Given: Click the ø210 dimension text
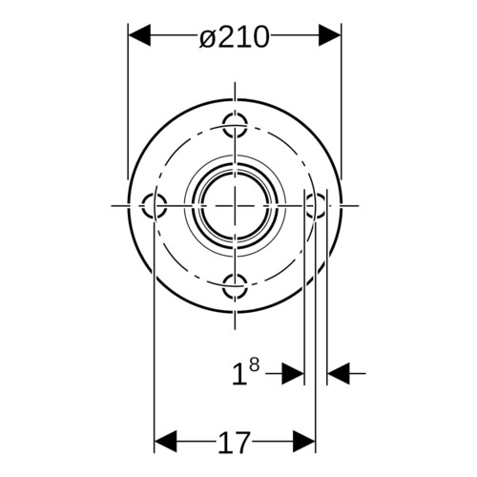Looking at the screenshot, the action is [x=235, y=37].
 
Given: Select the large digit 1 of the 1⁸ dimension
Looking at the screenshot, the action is [x=238, y=375].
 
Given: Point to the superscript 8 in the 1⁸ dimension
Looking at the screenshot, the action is [x=254, y=365].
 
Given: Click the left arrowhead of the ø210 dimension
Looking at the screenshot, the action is [x=138, y=35].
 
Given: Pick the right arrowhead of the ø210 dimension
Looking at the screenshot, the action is [x=330, y=35].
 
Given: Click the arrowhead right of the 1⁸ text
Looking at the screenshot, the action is [x=293, y=374].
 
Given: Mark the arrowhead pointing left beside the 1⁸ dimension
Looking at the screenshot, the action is [x=339, y=374].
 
